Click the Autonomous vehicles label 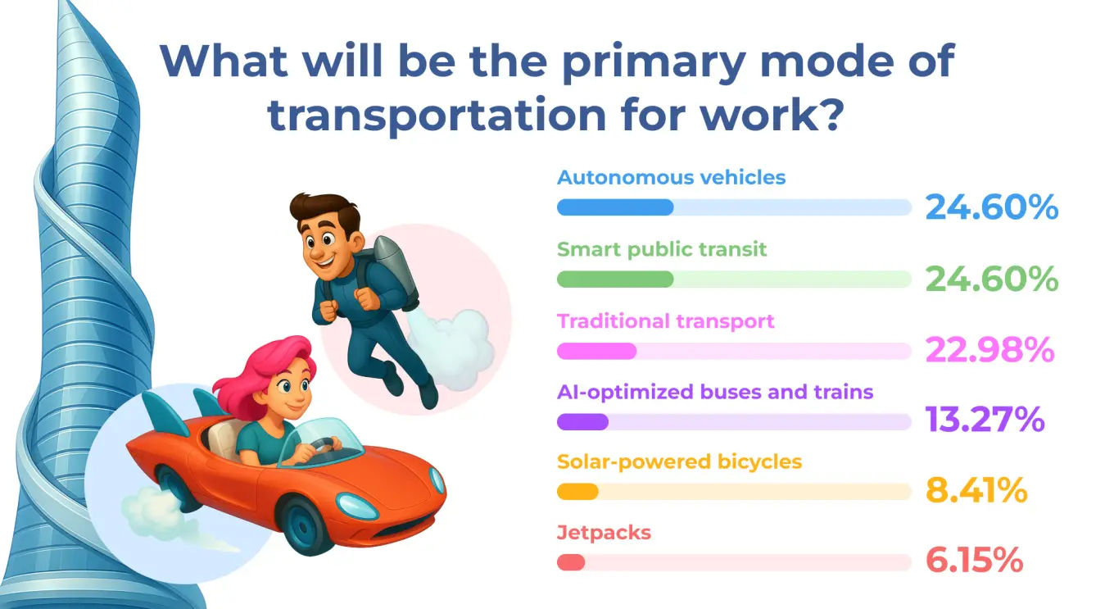click(671, 177)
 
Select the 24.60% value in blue click(992, 207)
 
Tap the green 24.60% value click(992, 279)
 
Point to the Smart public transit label click(662, 249)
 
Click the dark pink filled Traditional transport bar click(597, 351)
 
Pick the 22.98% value click(989, 349)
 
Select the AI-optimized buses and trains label click(715, 392)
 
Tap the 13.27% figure click(985, 420)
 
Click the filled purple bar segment click(582, 422)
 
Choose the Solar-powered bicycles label click(679, 462)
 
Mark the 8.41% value click(976, 490)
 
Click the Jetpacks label click(604, 533)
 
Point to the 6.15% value click(974, 561)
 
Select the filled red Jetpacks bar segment click(571, 562)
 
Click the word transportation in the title click(437, 116)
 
